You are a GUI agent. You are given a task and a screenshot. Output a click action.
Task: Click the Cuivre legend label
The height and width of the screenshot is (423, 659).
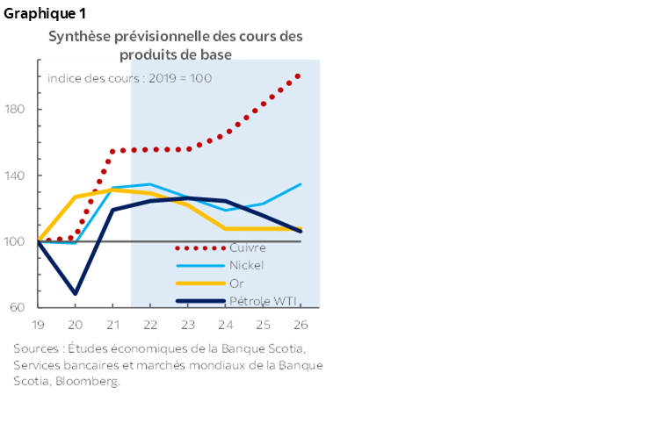coord(247,247)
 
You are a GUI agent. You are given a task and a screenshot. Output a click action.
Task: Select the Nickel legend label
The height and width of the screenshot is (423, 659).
coord(246,265)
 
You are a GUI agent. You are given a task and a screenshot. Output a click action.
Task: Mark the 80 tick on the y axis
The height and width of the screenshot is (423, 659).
coord(23,307)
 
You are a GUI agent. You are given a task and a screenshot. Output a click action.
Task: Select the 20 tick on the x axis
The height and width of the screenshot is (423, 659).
coord(76,323)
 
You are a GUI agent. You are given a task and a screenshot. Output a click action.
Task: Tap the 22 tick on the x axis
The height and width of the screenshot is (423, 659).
coord(150,323)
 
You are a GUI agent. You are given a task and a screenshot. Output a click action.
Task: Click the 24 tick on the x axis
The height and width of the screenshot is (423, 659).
coord(225,323)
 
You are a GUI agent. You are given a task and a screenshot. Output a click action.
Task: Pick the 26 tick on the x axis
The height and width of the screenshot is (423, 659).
coord(299,323)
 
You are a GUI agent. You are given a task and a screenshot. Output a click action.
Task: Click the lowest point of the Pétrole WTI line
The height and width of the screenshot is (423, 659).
coord(76,293)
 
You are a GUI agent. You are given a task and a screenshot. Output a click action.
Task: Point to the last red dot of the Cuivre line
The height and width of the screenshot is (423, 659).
coord(299,76)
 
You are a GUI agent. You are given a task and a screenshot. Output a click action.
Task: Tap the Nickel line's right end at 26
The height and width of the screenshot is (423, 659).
coord(301,184)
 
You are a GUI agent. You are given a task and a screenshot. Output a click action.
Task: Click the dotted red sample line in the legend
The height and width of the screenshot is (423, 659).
coord(199,247)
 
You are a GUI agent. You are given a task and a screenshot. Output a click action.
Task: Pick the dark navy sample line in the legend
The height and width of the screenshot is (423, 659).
coord(199,302)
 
